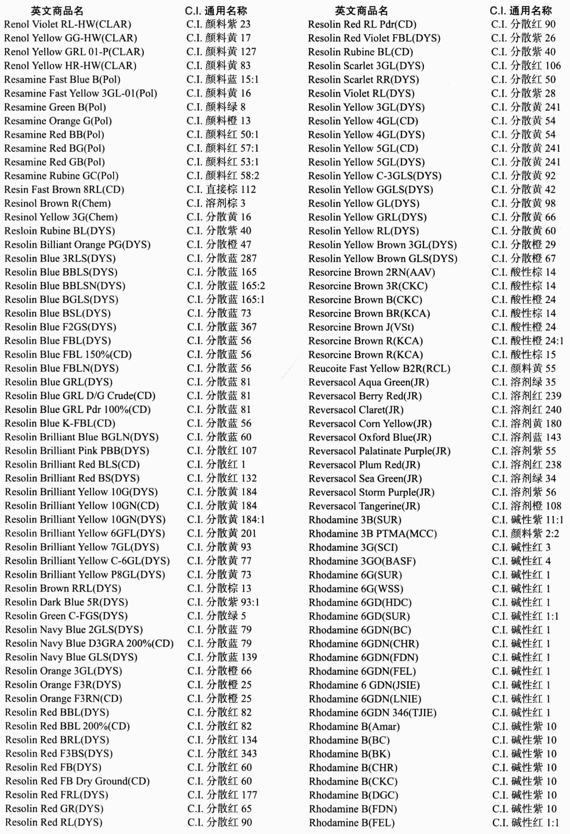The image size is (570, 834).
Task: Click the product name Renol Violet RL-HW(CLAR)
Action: point(67,24)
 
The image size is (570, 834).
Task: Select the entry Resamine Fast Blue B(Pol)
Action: point(62,79)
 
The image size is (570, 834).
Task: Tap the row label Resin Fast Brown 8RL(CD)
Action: point(64,189)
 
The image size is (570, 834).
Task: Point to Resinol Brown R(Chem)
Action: point(57,203)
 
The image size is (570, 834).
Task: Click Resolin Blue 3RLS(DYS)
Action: point(60,258)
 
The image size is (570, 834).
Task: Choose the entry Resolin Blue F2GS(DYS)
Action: point(61,327)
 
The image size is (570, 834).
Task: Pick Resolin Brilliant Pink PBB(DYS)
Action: point(77,451)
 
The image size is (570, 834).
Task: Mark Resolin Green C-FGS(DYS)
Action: point(66,616)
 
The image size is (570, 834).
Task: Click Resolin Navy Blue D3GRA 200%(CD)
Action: point(89,643)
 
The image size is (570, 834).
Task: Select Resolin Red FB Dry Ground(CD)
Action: point(78,781)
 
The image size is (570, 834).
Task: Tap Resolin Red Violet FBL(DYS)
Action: point(374,38)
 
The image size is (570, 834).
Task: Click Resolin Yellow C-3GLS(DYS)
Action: point(375,176)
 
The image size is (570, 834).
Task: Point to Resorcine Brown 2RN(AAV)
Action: point(372,272)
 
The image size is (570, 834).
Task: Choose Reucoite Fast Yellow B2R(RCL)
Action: point(379,368)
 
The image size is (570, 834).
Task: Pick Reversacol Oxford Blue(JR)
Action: point(370,437)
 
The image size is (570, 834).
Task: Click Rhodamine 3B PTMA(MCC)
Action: point(373,534)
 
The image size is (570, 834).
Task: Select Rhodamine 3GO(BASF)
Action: point(362,561)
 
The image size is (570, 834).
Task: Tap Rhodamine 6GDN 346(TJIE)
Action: point(372,713)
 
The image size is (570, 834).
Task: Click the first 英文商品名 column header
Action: point(57,11)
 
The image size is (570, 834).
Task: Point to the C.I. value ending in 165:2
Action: point(226,286)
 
